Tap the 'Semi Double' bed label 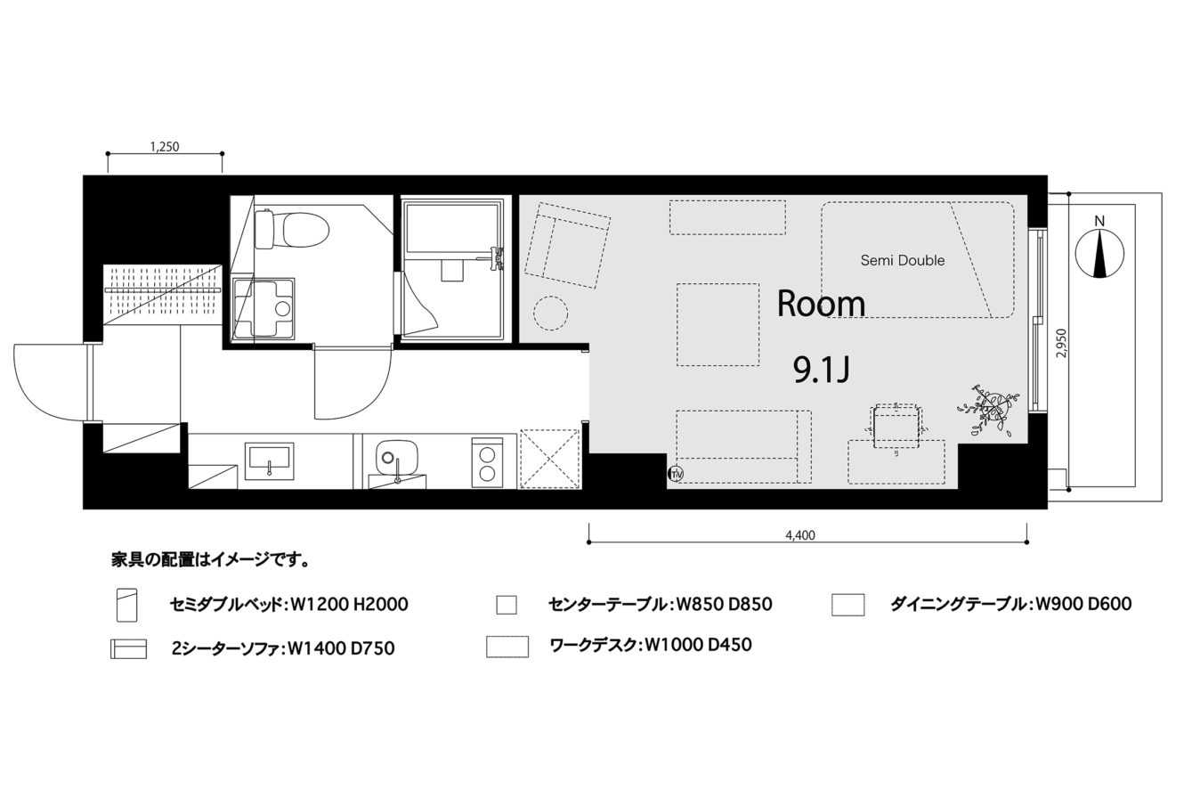(903, 260)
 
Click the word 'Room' (821, 304)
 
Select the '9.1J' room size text (822, 370)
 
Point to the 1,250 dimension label (165, 146)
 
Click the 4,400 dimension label (800, 535)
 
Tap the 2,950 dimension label (1061, 343)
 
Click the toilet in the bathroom (291, 230)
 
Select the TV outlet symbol (676, 474)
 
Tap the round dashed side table (550, 313)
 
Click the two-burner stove (487, 462)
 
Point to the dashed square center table (718, 324)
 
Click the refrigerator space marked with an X (550, 459)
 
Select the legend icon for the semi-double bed (126, 605)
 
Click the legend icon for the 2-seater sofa (128, 648)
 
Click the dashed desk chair (896, 427)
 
